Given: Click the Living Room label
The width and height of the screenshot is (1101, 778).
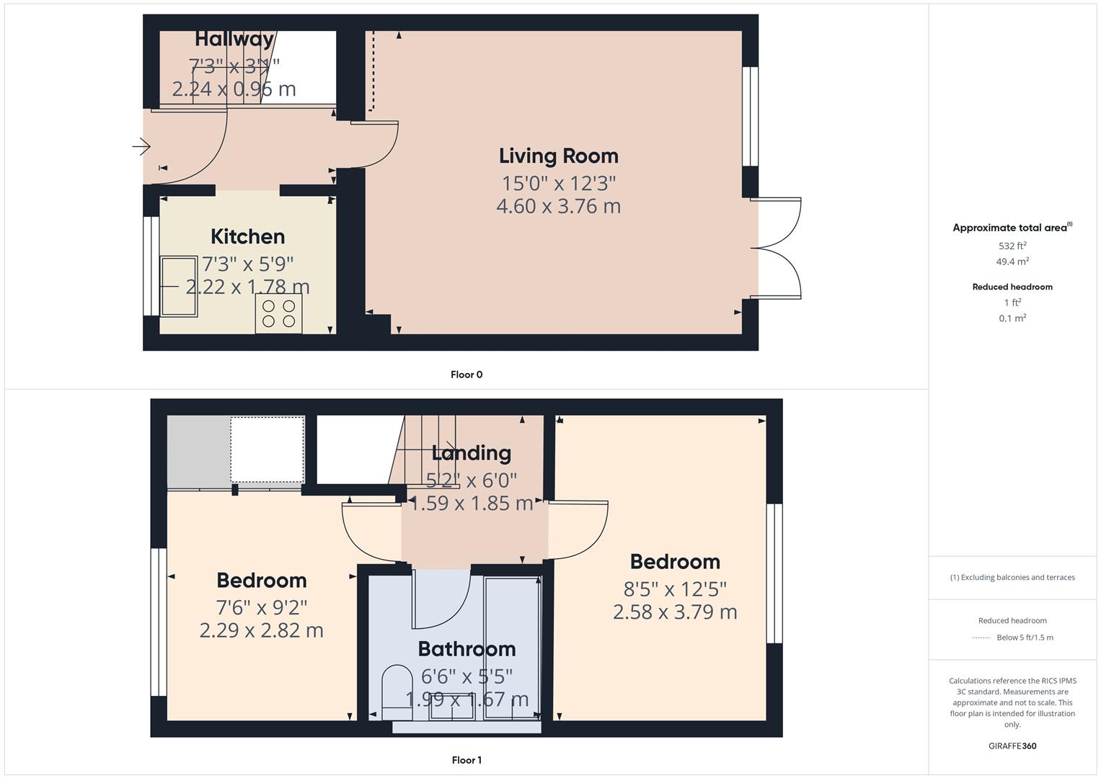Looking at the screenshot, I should pyautogui.click(x=558, y=156).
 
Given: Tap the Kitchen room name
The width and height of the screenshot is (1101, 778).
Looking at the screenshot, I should pyautogui.click(x=247, y=237).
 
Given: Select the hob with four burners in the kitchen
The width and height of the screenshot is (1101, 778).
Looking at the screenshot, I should pyautogui.click(x=278, y=313).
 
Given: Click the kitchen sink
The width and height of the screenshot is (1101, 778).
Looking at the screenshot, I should pyautogui.click(x=179, y=286).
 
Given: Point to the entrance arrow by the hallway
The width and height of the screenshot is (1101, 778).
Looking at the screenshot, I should pyautogui.click(x=141, y=147).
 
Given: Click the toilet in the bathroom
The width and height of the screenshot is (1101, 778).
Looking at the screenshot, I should pyautogui.click(x=396, y=692).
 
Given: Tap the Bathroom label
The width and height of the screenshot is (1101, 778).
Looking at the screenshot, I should pyautogui.click(x=467, y=649).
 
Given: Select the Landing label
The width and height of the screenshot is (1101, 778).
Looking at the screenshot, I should pyautogui.click(x=471, y=453).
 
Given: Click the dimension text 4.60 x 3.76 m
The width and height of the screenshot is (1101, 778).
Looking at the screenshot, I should pyautogui.click(x=558, y=206).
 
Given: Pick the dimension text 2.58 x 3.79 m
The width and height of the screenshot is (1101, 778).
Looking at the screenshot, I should pyautogui.click(x=674, y=612).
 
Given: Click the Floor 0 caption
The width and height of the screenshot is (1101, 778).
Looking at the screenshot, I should pyautogui.click(x=467, y=375).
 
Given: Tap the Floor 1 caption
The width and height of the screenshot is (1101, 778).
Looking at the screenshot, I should pyautogui.click(x=467, y=760).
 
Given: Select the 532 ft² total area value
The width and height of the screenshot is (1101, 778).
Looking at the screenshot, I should pyautogui.click(x=1012, y=246).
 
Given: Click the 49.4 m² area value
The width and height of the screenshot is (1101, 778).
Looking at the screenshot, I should pyautogui.click(x=1012, y=261).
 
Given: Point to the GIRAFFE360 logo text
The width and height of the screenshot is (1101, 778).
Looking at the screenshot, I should pyautogui.click(x=1012, y=746).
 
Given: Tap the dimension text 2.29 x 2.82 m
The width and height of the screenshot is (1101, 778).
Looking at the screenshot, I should pyautogui.click(x=261, y=630).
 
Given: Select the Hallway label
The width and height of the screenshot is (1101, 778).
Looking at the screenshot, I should pyautogui.click(x=234, y=39).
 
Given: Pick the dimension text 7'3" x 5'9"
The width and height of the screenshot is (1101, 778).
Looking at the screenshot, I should pyautogui.click(x=247, y=264).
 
